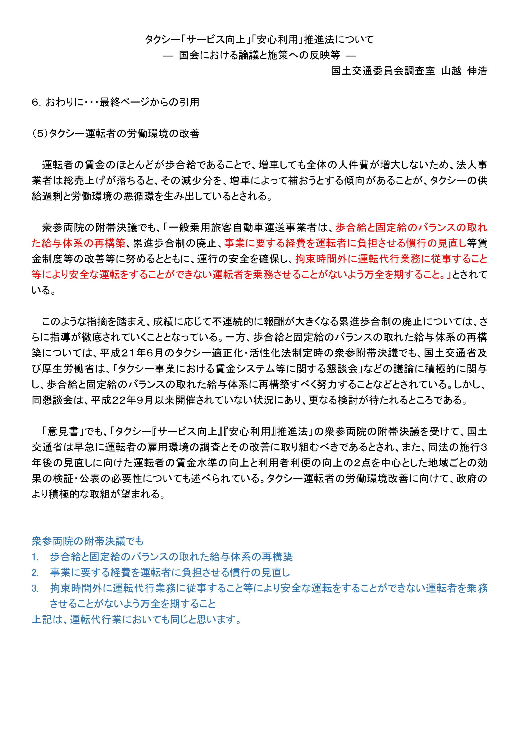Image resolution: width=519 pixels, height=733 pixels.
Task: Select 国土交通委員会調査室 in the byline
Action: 383,71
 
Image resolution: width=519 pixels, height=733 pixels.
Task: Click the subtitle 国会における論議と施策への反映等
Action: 259,55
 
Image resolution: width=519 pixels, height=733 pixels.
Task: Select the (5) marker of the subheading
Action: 40,134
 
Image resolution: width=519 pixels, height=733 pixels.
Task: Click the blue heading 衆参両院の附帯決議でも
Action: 88,541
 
